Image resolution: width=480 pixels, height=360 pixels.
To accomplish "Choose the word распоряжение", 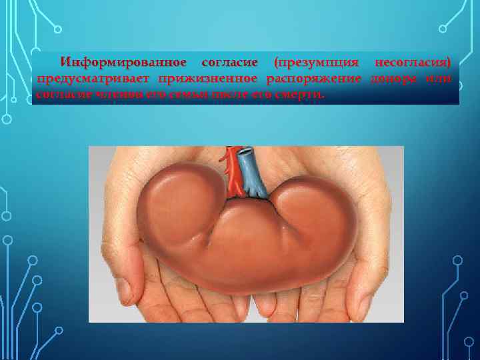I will pos(313,79).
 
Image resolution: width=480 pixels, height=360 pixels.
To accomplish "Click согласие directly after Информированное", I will pos(229,63).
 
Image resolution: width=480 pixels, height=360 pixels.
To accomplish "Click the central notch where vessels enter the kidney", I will pos(243,198).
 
